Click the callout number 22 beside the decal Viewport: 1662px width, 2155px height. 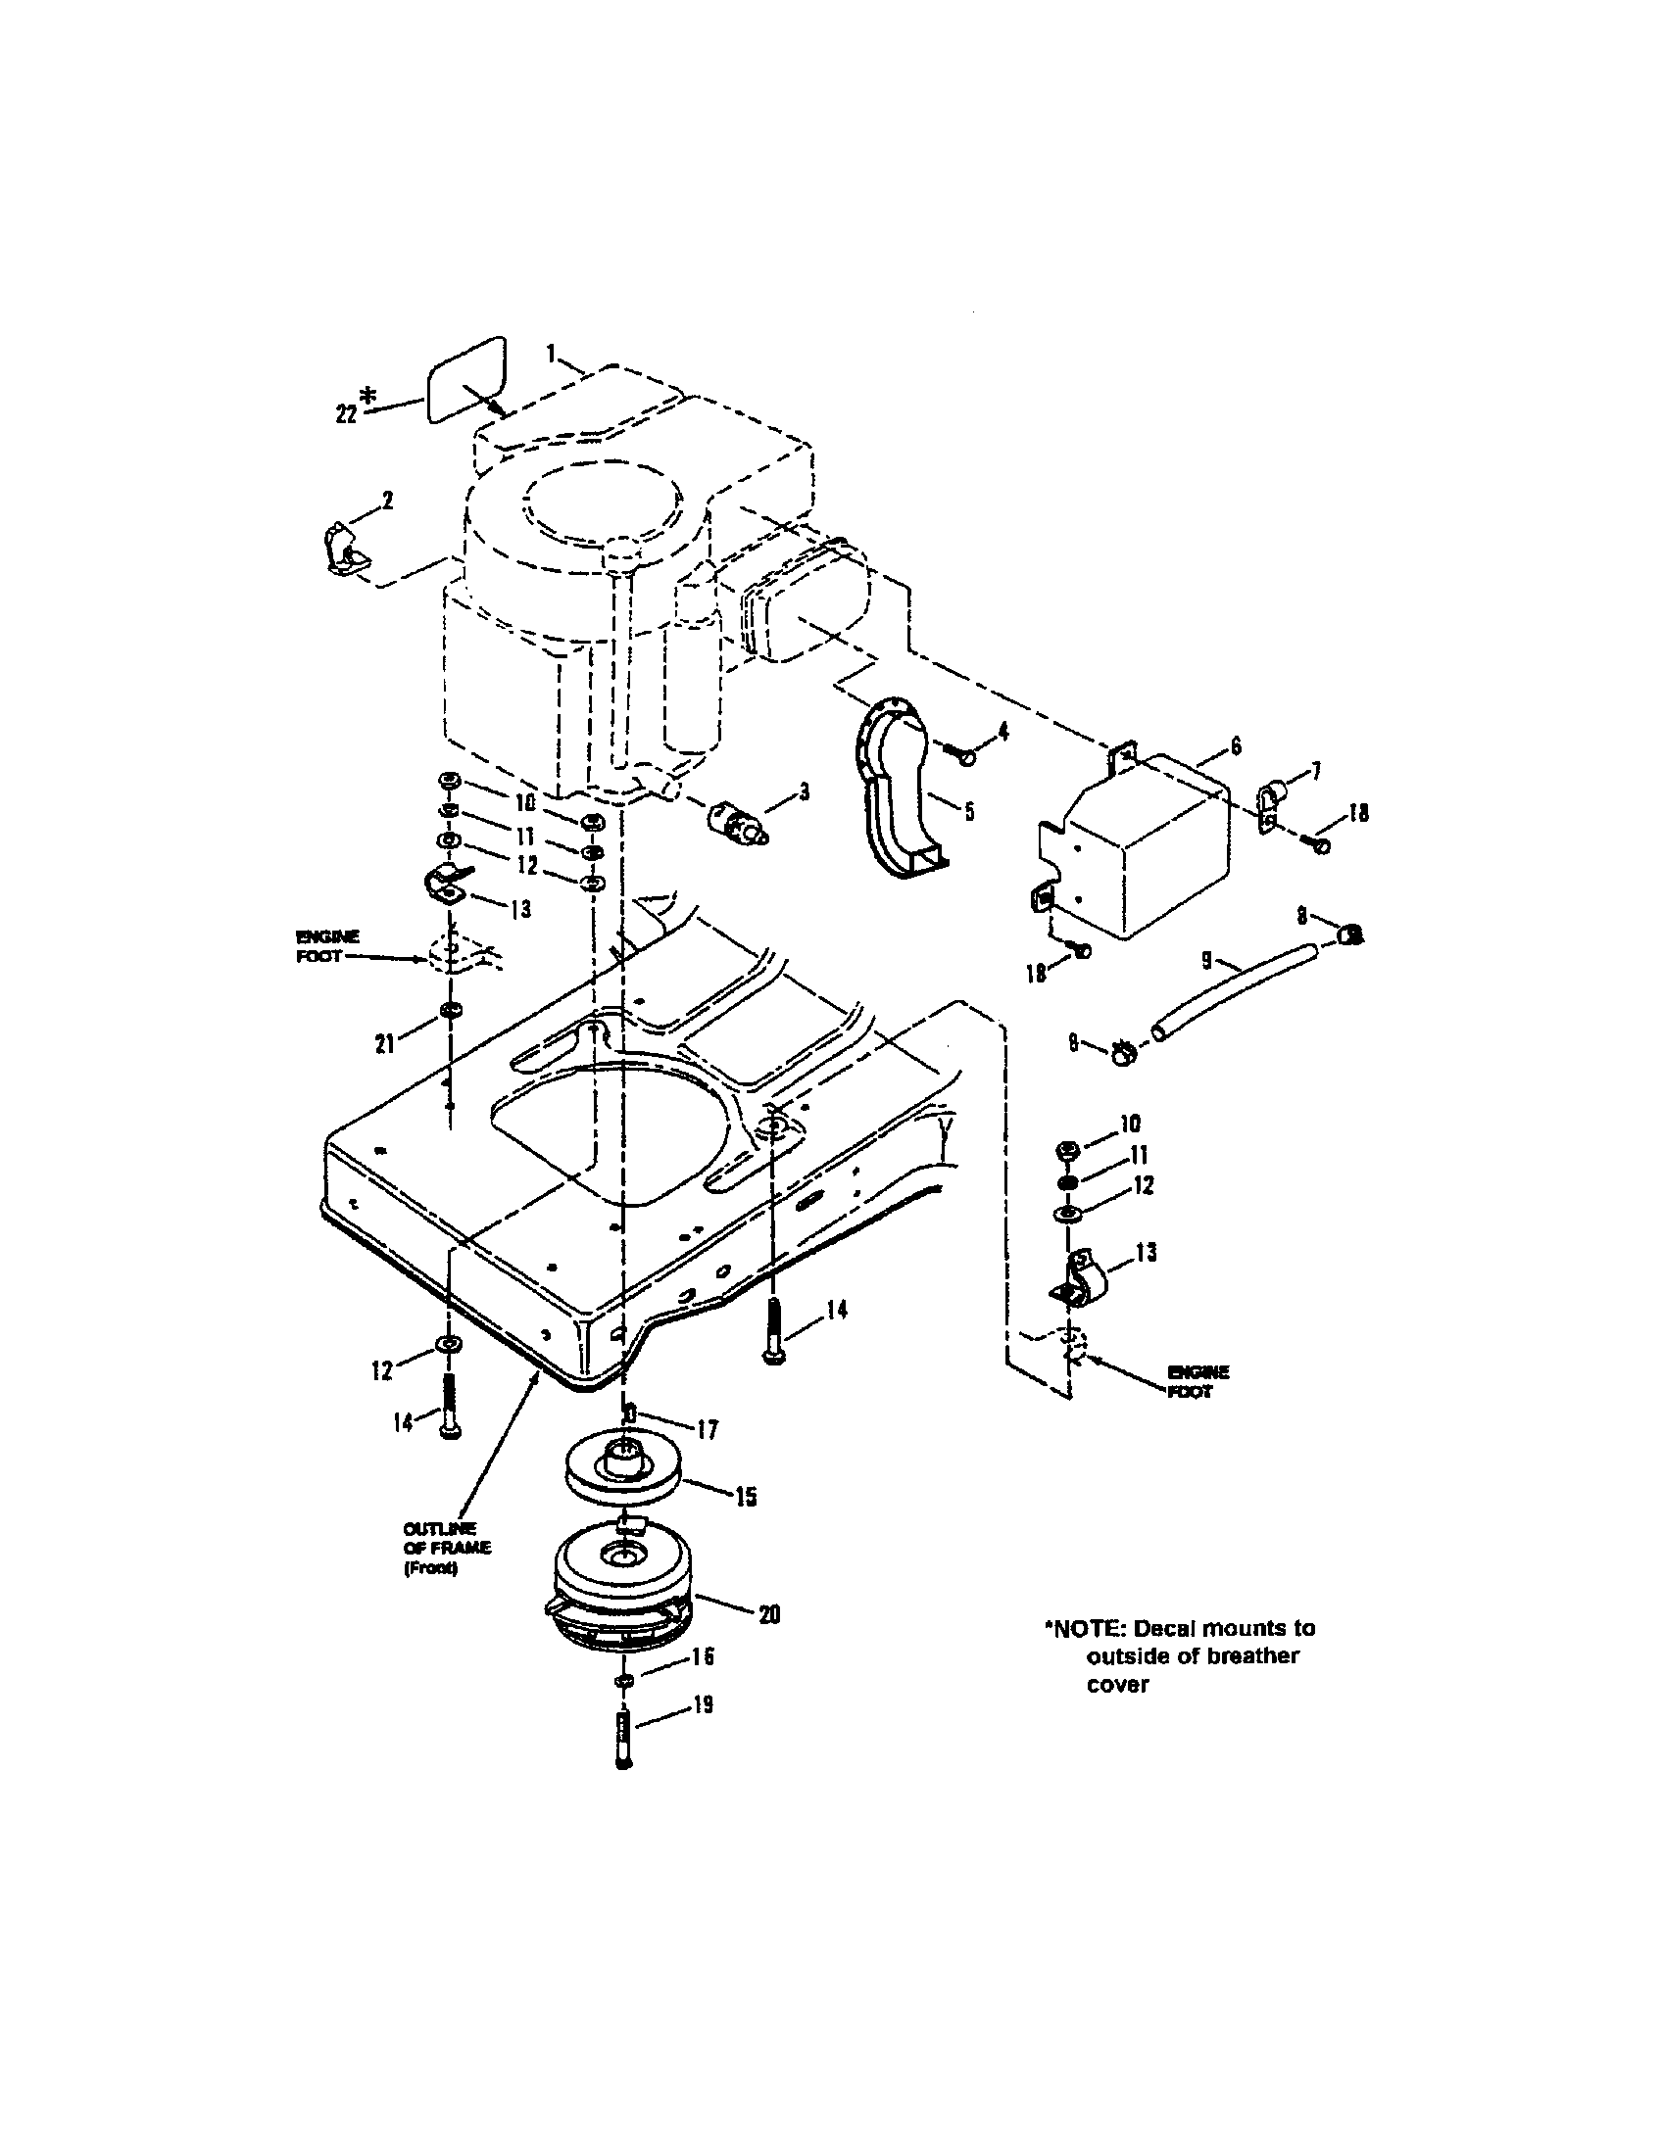[344, 413]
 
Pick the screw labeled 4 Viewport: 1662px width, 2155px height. [964, 756]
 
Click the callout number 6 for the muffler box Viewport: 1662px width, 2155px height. [1235, 747]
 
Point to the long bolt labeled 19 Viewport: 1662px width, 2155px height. [621, 1744]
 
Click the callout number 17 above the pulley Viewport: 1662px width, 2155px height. [708, 1429]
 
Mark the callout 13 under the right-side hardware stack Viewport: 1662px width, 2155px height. [1146, 1252]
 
